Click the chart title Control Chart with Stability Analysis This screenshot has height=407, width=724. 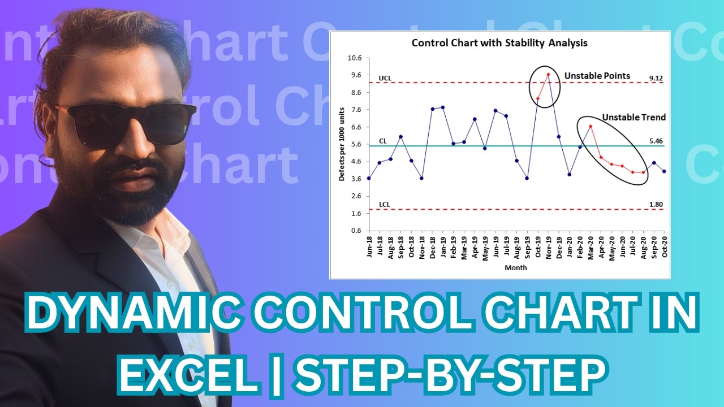(x=499, y=43)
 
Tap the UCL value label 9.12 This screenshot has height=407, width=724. (x=656, y=76)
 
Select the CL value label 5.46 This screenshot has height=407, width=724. (x=656, y=140)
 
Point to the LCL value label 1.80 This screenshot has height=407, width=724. (x=656, y=204)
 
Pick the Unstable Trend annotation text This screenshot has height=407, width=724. (x=633, y=118)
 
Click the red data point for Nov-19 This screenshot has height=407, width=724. (x=548, y=75)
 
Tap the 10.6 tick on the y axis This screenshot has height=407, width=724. (x=355, y=58)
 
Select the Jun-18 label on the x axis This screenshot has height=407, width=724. (x=369, y=246)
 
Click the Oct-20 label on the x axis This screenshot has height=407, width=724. (x=665, y=246)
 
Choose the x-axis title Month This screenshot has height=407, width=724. (x=516, y=267)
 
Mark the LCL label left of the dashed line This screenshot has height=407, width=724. (x=384, y=204)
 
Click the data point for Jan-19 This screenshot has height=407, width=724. (x=443, y=107)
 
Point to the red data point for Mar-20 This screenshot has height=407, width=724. (x=591, y=127)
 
